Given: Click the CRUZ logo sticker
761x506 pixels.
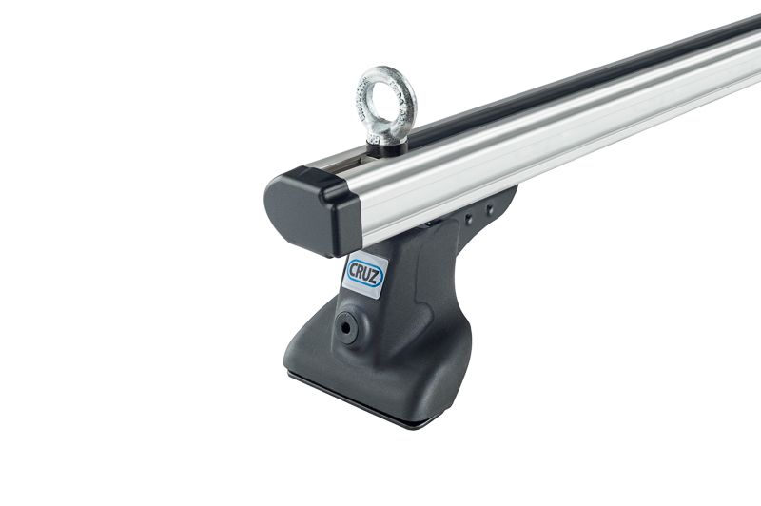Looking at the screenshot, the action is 366,274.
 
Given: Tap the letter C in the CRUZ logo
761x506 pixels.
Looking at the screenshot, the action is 354,267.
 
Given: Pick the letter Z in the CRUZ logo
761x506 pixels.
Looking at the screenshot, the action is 378,279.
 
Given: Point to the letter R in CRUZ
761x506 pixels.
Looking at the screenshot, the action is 362,271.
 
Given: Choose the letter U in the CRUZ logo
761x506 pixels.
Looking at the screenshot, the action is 370,275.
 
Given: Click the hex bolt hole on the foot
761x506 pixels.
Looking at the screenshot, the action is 345,327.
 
